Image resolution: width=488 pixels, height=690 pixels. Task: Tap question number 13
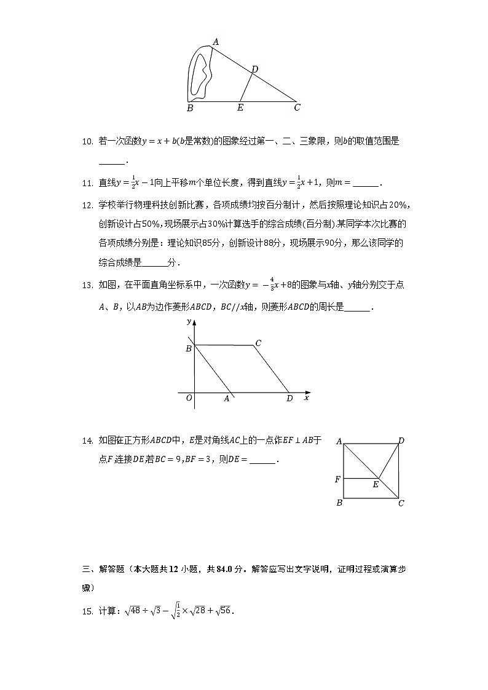[87, 285]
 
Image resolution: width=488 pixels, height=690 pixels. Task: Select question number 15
[87, 611]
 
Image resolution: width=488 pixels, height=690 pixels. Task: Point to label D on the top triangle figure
[254, 69]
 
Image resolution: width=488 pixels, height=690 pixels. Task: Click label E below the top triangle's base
[240, 108]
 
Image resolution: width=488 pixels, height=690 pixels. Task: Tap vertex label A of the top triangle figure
[216, 42]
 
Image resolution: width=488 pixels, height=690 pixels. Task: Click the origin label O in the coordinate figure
[189, 398]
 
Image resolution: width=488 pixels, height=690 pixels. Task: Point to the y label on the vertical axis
[188, 321]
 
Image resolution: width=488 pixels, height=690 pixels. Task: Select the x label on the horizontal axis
[306, 398]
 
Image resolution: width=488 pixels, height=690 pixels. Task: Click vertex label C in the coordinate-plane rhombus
[258, 343]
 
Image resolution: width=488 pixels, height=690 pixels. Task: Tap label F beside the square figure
[337, 479]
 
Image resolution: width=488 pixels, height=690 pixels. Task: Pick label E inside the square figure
[376, 485]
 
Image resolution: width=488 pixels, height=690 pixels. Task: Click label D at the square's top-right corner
[401, 441]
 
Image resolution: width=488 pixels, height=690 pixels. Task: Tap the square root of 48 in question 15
[133, 611]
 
